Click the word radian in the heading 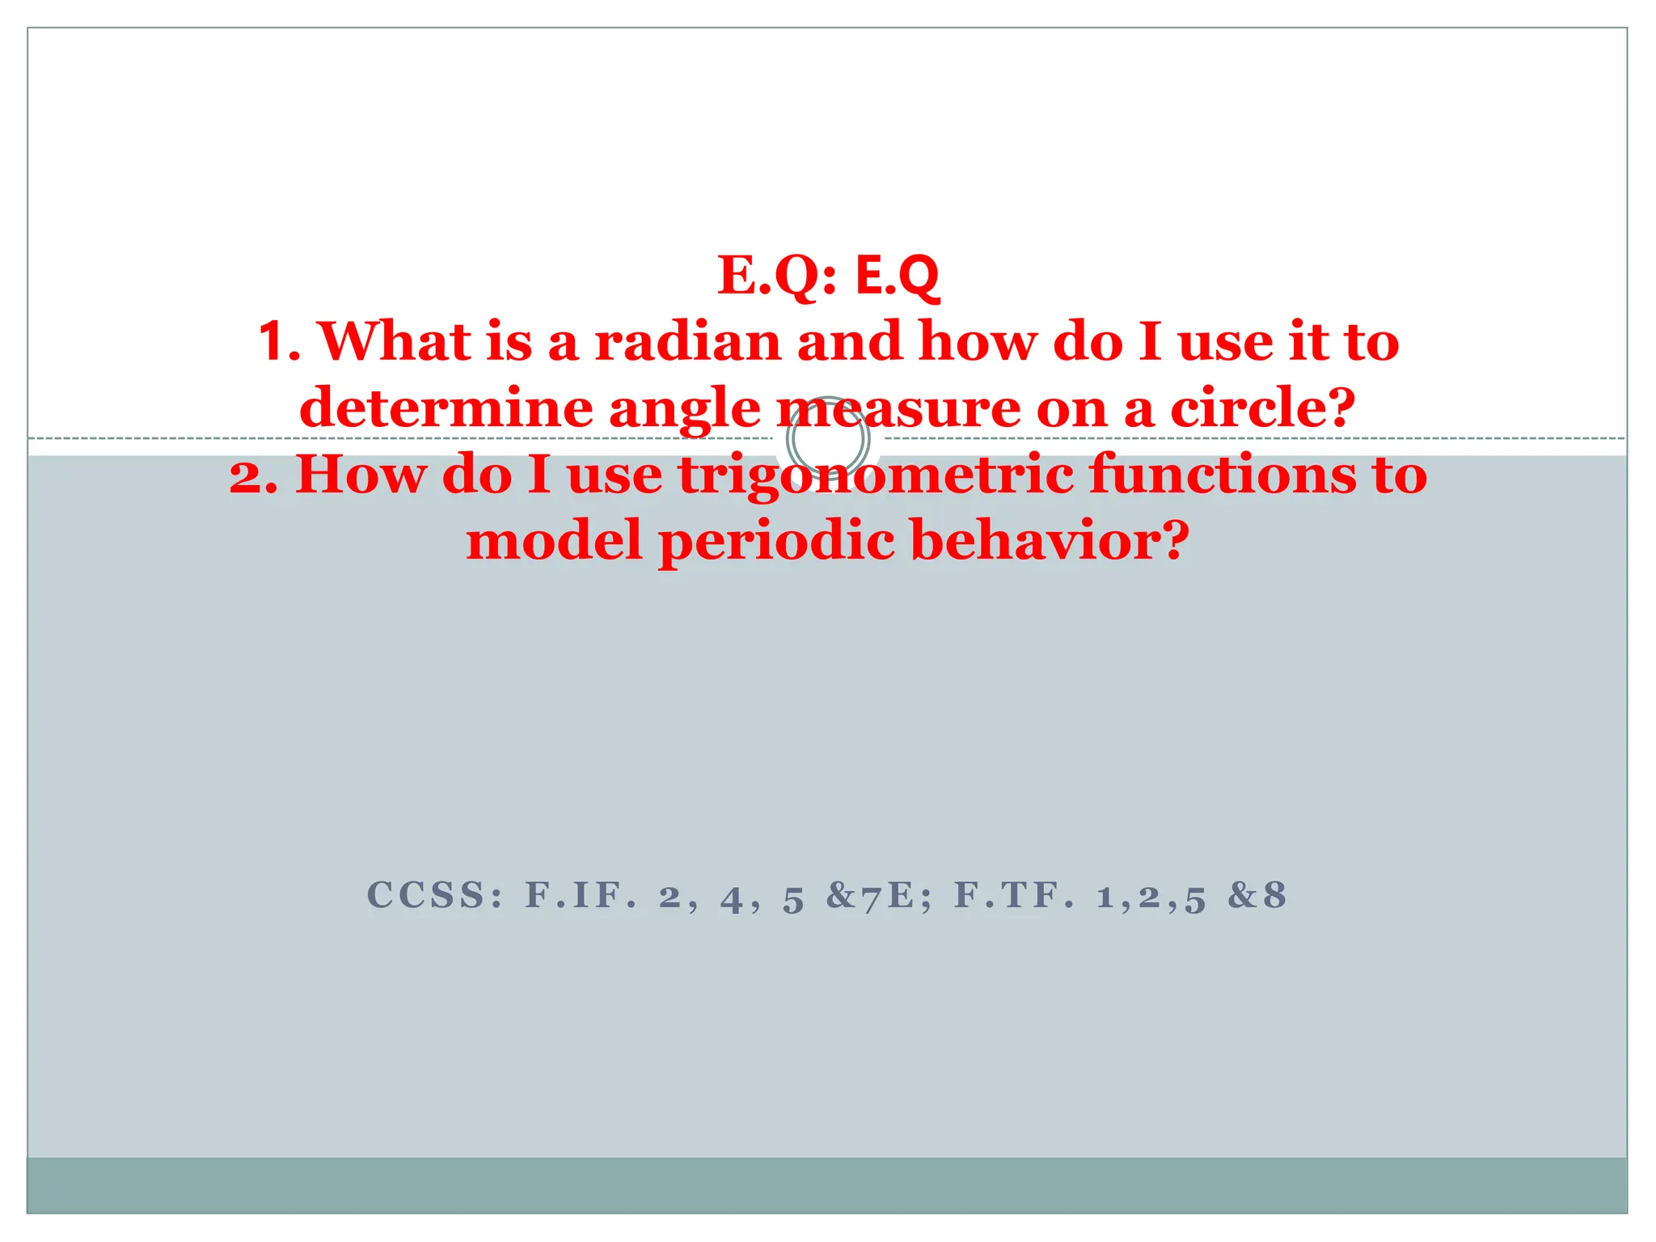point(688,342)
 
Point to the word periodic point(777,541)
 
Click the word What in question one point(395,342)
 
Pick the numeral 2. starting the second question point(253,476)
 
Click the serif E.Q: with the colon point(778,277)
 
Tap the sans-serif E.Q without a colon point(897,277)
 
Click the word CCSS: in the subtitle point(436,896)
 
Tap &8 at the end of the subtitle point(1256,896)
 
